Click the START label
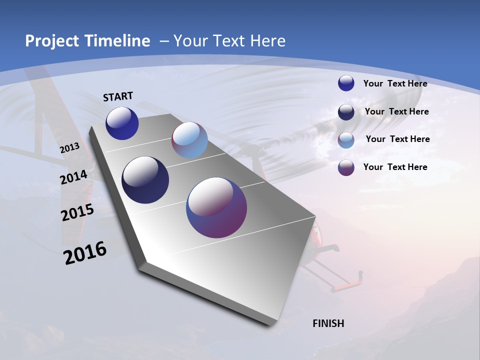click(118, 96)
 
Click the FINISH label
click(328, 323)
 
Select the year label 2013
click(70, 148)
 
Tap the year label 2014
click(73, 177)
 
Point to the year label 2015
click(77, 212)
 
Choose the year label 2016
click(85, 252)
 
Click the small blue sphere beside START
click(122, 123)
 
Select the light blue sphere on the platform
click(189, 140)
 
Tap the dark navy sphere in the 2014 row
click(145, 180)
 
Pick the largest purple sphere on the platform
click(216, 207)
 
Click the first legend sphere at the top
click(346, 83)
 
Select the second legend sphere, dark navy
click(346, 112)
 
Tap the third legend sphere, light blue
click(346, 140)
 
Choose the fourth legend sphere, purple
click(346, 167)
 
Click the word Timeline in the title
click(118, 41)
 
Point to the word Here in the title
click(267, 41)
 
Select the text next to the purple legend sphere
click(395, 167)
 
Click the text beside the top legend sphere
click(395, 83)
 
